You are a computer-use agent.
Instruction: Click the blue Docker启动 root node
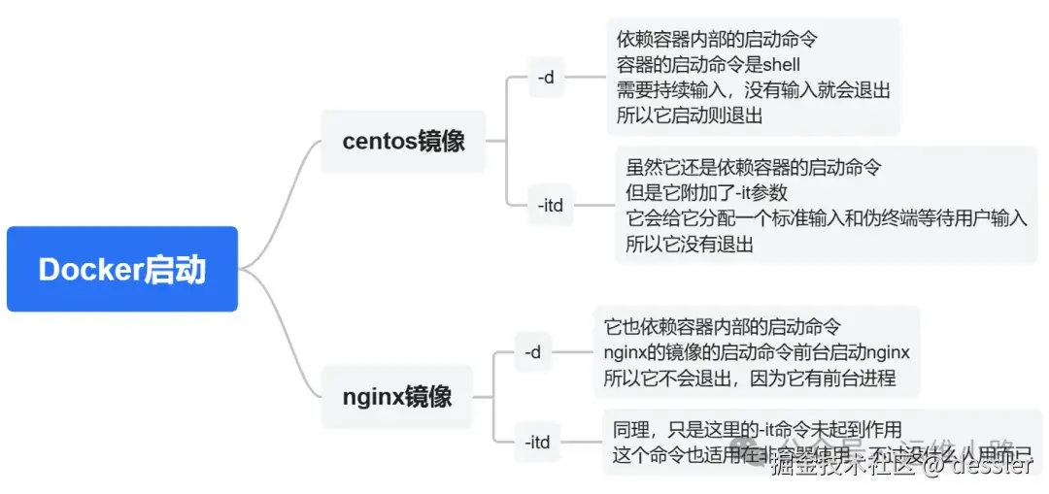(x=122, y=269)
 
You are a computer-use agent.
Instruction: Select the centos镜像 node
(x=403, y=141)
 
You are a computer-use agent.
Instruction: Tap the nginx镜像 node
(x=397, y=396)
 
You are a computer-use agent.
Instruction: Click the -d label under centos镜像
(x=546, y=77)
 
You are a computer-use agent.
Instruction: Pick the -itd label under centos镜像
(x=551, y=205)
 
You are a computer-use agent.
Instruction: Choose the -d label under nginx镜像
(x=532, y=352)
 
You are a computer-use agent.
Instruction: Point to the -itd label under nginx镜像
(x=537, y=443)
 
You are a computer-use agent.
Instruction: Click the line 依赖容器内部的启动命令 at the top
(x=717, y=41)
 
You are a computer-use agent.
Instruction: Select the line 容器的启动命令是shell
(x=709, y=66)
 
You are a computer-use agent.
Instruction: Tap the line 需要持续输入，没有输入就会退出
(x=754, y=90)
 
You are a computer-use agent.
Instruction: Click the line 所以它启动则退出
(x=690, y=115)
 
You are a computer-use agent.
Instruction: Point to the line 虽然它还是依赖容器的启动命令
(x=754, y=167)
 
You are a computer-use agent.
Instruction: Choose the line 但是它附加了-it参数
(x=706, y=192)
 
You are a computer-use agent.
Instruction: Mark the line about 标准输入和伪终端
(x=826, y=218)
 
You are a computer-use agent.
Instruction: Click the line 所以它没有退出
(x=689, y=244)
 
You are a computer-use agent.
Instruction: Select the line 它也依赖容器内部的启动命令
(x=723, y=326)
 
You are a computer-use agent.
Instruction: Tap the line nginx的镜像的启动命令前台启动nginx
(x=757, y=351)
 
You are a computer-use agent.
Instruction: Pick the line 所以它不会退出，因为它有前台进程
(x=749, y=378)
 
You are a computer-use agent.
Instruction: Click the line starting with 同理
(x=758, y=429)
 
